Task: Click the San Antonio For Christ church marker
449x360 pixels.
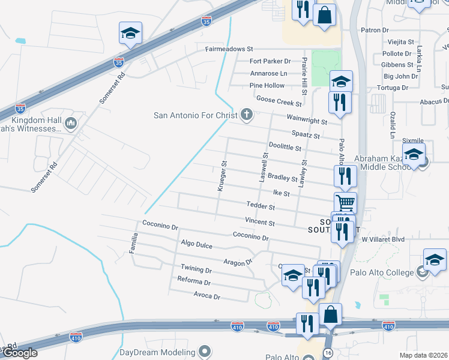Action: (246, 115)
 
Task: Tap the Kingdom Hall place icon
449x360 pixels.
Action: (70, 124)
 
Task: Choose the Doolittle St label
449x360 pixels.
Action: (285, 147)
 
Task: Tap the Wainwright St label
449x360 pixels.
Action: (307, 121)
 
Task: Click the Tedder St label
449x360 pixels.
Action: (261, 206)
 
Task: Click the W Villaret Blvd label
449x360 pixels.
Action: (383, 239)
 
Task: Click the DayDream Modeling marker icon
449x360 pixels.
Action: (205, 351)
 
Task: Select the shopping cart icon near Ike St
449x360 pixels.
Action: (345, 202)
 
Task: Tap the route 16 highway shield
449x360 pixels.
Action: (328, 352)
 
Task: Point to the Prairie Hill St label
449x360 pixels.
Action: (305, 75)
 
